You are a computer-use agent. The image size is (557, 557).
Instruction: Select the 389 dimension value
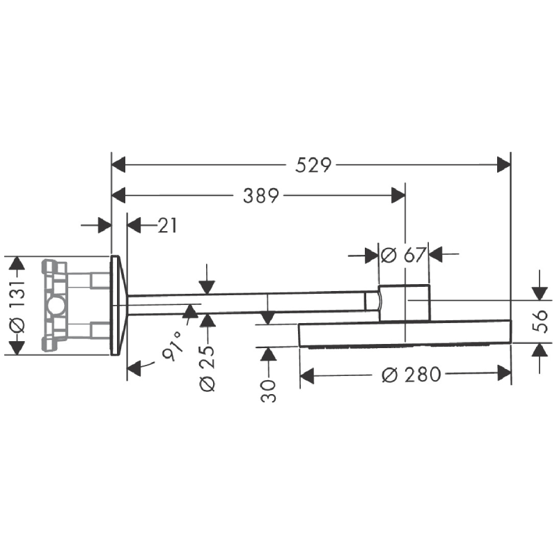(x=260, y=196)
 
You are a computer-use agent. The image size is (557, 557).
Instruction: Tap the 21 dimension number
(x=167, y=226)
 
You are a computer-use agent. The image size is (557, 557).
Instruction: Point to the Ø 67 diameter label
(x=404, y=255)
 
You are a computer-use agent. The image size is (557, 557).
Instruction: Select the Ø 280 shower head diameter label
(x=412, y=375)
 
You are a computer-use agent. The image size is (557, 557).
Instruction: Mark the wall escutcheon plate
(x=118, y=305)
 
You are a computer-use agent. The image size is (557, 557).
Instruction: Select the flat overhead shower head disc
(x=404, y=334)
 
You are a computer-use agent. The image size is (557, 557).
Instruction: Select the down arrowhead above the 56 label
(x=540, y=292)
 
